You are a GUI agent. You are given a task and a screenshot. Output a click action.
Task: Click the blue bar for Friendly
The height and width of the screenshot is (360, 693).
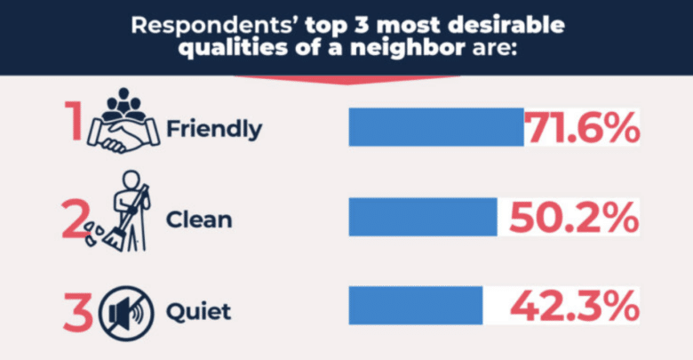click(x=436, y=127)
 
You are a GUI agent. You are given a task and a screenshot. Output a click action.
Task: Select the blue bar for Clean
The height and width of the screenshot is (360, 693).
click(x=423, y=217)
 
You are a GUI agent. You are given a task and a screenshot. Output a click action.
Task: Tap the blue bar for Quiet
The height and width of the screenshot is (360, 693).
click(x=416, y=305)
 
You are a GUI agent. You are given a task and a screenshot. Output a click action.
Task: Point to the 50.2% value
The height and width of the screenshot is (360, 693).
click(x=573, y=218)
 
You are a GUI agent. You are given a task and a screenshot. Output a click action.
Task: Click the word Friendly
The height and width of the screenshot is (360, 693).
click(x=214, y=130)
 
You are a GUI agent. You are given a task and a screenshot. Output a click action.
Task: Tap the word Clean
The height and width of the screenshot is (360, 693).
click(x=199, y=220)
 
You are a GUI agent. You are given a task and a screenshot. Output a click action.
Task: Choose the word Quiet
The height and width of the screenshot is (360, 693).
click(x=199, y=312)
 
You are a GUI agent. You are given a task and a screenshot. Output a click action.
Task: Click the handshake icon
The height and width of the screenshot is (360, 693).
click(x=123, y=135)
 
